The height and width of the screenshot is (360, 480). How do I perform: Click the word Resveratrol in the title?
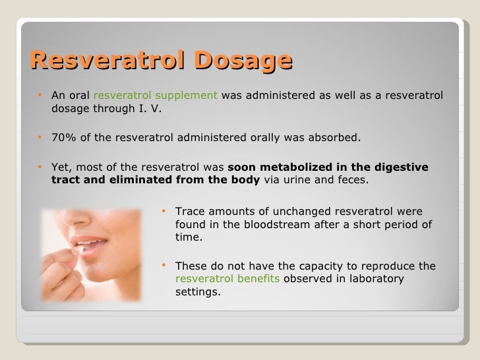coord(103,61)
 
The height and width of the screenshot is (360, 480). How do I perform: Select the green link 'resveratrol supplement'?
coord(156,96)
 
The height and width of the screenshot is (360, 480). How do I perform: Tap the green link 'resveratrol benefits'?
coord(228,279)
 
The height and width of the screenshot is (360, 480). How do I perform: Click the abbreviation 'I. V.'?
coord(148,109)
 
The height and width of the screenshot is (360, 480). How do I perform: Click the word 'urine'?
coord(293,180)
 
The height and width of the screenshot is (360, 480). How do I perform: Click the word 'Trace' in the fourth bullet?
coord(190,212)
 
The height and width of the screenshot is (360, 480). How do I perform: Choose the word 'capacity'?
coord(307,266)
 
